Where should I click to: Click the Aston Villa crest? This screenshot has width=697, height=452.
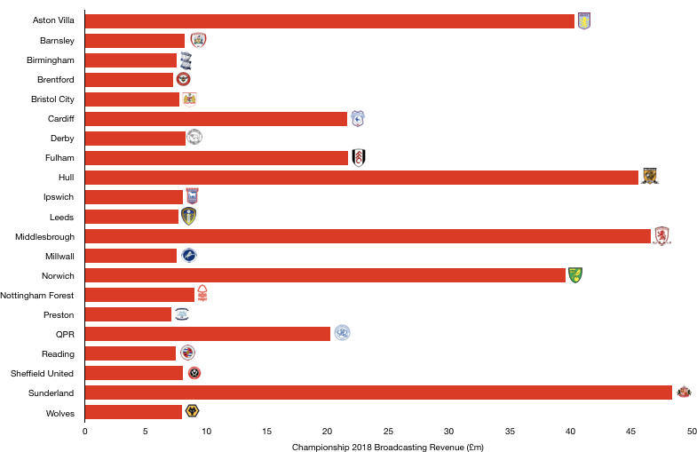[583, 21]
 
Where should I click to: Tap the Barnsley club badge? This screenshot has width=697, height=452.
[198, 41]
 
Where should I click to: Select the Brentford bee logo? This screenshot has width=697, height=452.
[183, 80]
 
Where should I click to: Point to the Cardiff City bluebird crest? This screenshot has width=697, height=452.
[358, 119]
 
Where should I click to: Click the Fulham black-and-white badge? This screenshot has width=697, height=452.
[359, 158]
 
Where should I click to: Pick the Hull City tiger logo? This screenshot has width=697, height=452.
[650, 177]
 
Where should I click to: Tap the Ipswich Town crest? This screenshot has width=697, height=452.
[192, 196]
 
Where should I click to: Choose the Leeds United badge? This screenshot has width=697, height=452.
[188, 217]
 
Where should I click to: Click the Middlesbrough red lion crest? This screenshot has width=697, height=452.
[661, 236]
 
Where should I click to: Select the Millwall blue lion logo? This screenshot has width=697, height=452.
[189, 256]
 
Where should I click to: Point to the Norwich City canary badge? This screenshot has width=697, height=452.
[575, 275]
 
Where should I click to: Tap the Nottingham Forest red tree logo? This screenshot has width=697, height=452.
[202, 294]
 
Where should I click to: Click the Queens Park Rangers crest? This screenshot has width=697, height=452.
[342, 333]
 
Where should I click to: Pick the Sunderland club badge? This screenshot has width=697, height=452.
[684, 392]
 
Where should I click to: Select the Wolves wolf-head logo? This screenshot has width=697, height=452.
[192, 411]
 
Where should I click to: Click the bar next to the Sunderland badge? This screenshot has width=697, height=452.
[378, 393]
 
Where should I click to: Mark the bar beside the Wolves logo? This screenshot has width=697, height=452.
[133, 412]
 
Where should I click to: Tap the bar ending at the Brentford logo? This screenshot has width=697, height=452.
[129, 80]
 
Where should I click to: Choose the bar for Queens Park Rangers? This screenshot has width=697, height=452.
[208, 334]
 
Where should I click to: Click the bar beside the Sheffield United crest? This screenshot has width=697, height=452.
[133, 373]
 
